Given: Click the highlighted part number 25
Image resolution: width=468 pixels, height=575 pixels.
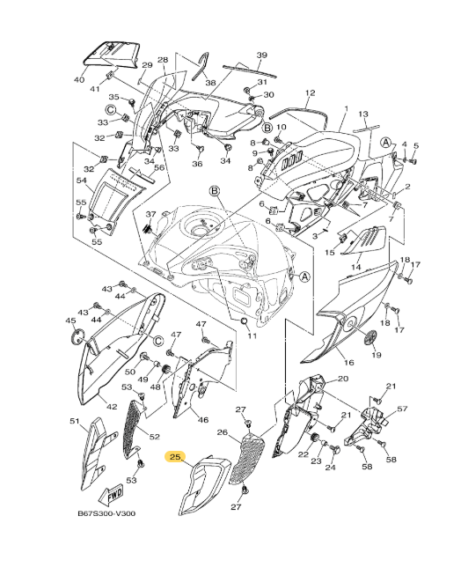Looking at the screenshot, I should point(174,457).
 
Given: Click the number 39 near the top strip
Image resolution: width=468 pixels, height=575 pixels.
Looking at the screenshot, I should point(261,55).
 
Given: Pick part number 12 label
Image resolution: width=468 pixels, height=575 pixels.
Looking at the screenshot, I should point(310,92).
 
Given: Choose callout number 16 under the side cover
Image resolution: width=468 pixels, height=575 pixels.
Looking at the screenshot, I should point(348,362).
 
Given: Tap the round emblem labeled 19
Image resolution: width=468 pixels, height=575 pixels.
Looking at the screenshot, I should point(369,337).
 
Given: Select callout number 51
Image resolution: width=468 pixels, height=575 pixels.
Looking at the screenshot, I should point(75,422).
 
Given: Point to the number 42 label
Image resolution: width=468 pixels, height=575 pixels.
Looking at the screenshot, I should point(112,406).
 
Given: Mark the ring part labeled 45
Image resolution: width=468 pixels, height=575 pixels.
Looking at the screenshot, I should point(77,334).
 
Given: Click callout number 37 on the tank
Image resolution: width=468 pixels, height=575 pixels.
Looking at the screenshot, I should point(150,215).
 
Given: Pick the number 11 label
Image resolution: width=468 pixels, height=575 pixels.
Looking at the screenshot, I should point(252,336).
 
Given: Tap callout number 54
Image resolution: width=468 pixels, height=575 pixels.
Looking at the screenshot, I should point(81,181).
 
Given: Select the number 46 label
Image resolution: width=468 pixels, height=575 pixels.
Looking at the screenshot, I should point(203,420).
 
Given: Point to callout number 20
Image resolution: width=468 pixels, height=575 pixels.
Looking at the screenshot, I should point(343,379).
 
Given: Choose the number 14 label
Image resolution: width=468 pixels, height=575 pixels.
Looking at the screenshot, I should point(357,265).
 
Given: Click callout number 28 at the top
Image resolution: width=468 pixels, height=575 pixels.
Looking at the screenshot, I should point(162,61).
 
